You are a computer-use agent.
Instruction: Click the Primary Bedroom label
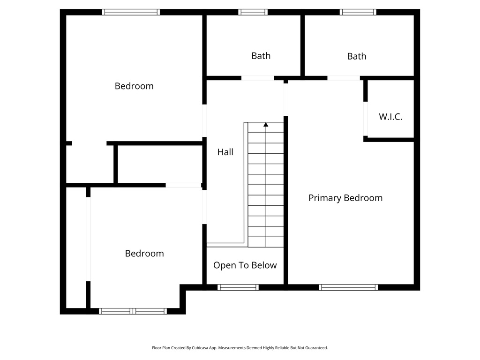[345, 198]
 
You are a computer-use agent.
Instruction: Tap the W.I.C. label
[390, 117]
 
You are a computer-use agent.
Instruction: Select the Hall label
[225, 152]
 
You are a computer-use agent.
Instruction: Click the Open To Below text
[245, 265]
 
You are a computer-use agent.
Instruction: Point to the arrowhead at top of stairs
[266, 125]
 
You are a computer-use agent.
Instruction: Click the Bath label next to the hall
[261, 56]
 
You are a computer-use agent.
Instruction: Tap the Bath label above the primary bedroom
[356, 56]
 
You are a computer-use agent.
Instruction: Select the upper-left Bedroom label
[134, 86]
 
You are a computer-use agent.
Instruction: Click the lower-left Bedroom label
[144, 254]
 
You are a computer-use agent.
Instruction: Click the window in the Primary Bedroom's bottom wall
[348, 287]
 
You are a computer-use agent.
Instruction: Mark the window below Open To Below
[238, 287]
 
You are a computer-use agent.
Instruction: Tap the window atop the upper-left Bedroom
[131, 12]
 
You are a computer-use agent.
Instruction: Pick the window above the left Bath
[253, 12]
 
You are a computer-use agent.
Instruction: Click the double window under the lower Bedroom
[134, 311]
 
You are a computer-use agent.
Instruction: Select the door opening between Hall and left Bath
[258, 78]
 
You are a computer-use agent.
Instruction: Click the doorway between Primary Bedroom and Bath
[344, 78]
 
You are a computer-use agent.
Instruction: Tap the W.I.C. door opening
[365, 119]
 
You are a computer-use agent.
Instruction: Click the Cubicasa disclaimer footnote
[240, 348]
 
